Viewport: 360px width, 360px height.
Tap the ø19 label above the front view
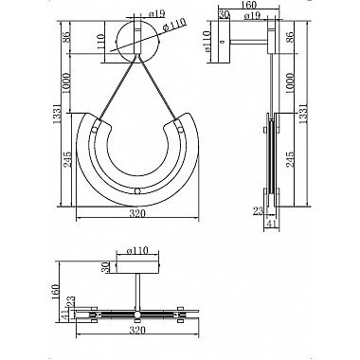coord(156,13)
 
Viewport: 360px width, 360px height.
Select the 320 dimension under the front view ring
coord(137,213)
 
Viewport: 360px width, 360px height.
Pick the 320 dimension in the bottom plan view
coord(137,331)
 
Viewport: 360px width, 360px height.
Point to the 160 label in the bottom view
coord(56,292)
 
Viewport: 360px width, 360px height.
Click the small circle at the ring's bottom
coord(137,191)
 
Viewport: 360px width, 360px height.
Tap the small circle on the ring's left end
coord(95,130)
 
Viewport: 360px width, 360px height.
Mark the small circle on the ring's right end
coord(181,129)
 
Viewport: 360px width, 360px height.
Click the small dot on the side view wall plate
coord(222,42)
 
